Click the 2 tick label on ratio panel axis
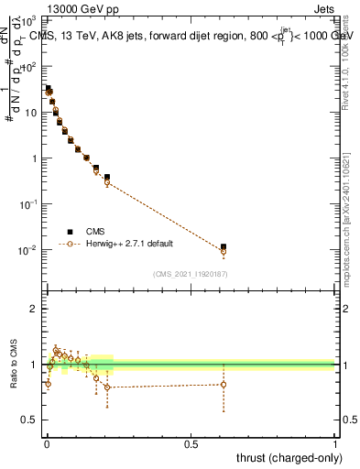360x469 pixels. (34, 309)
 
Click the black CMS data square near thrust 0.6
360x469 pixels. (224, 246)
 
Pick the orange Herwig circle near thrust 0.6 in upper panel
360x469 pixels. (224, 251)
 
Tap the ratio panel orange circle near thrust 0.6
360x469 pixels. (224, 384)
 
